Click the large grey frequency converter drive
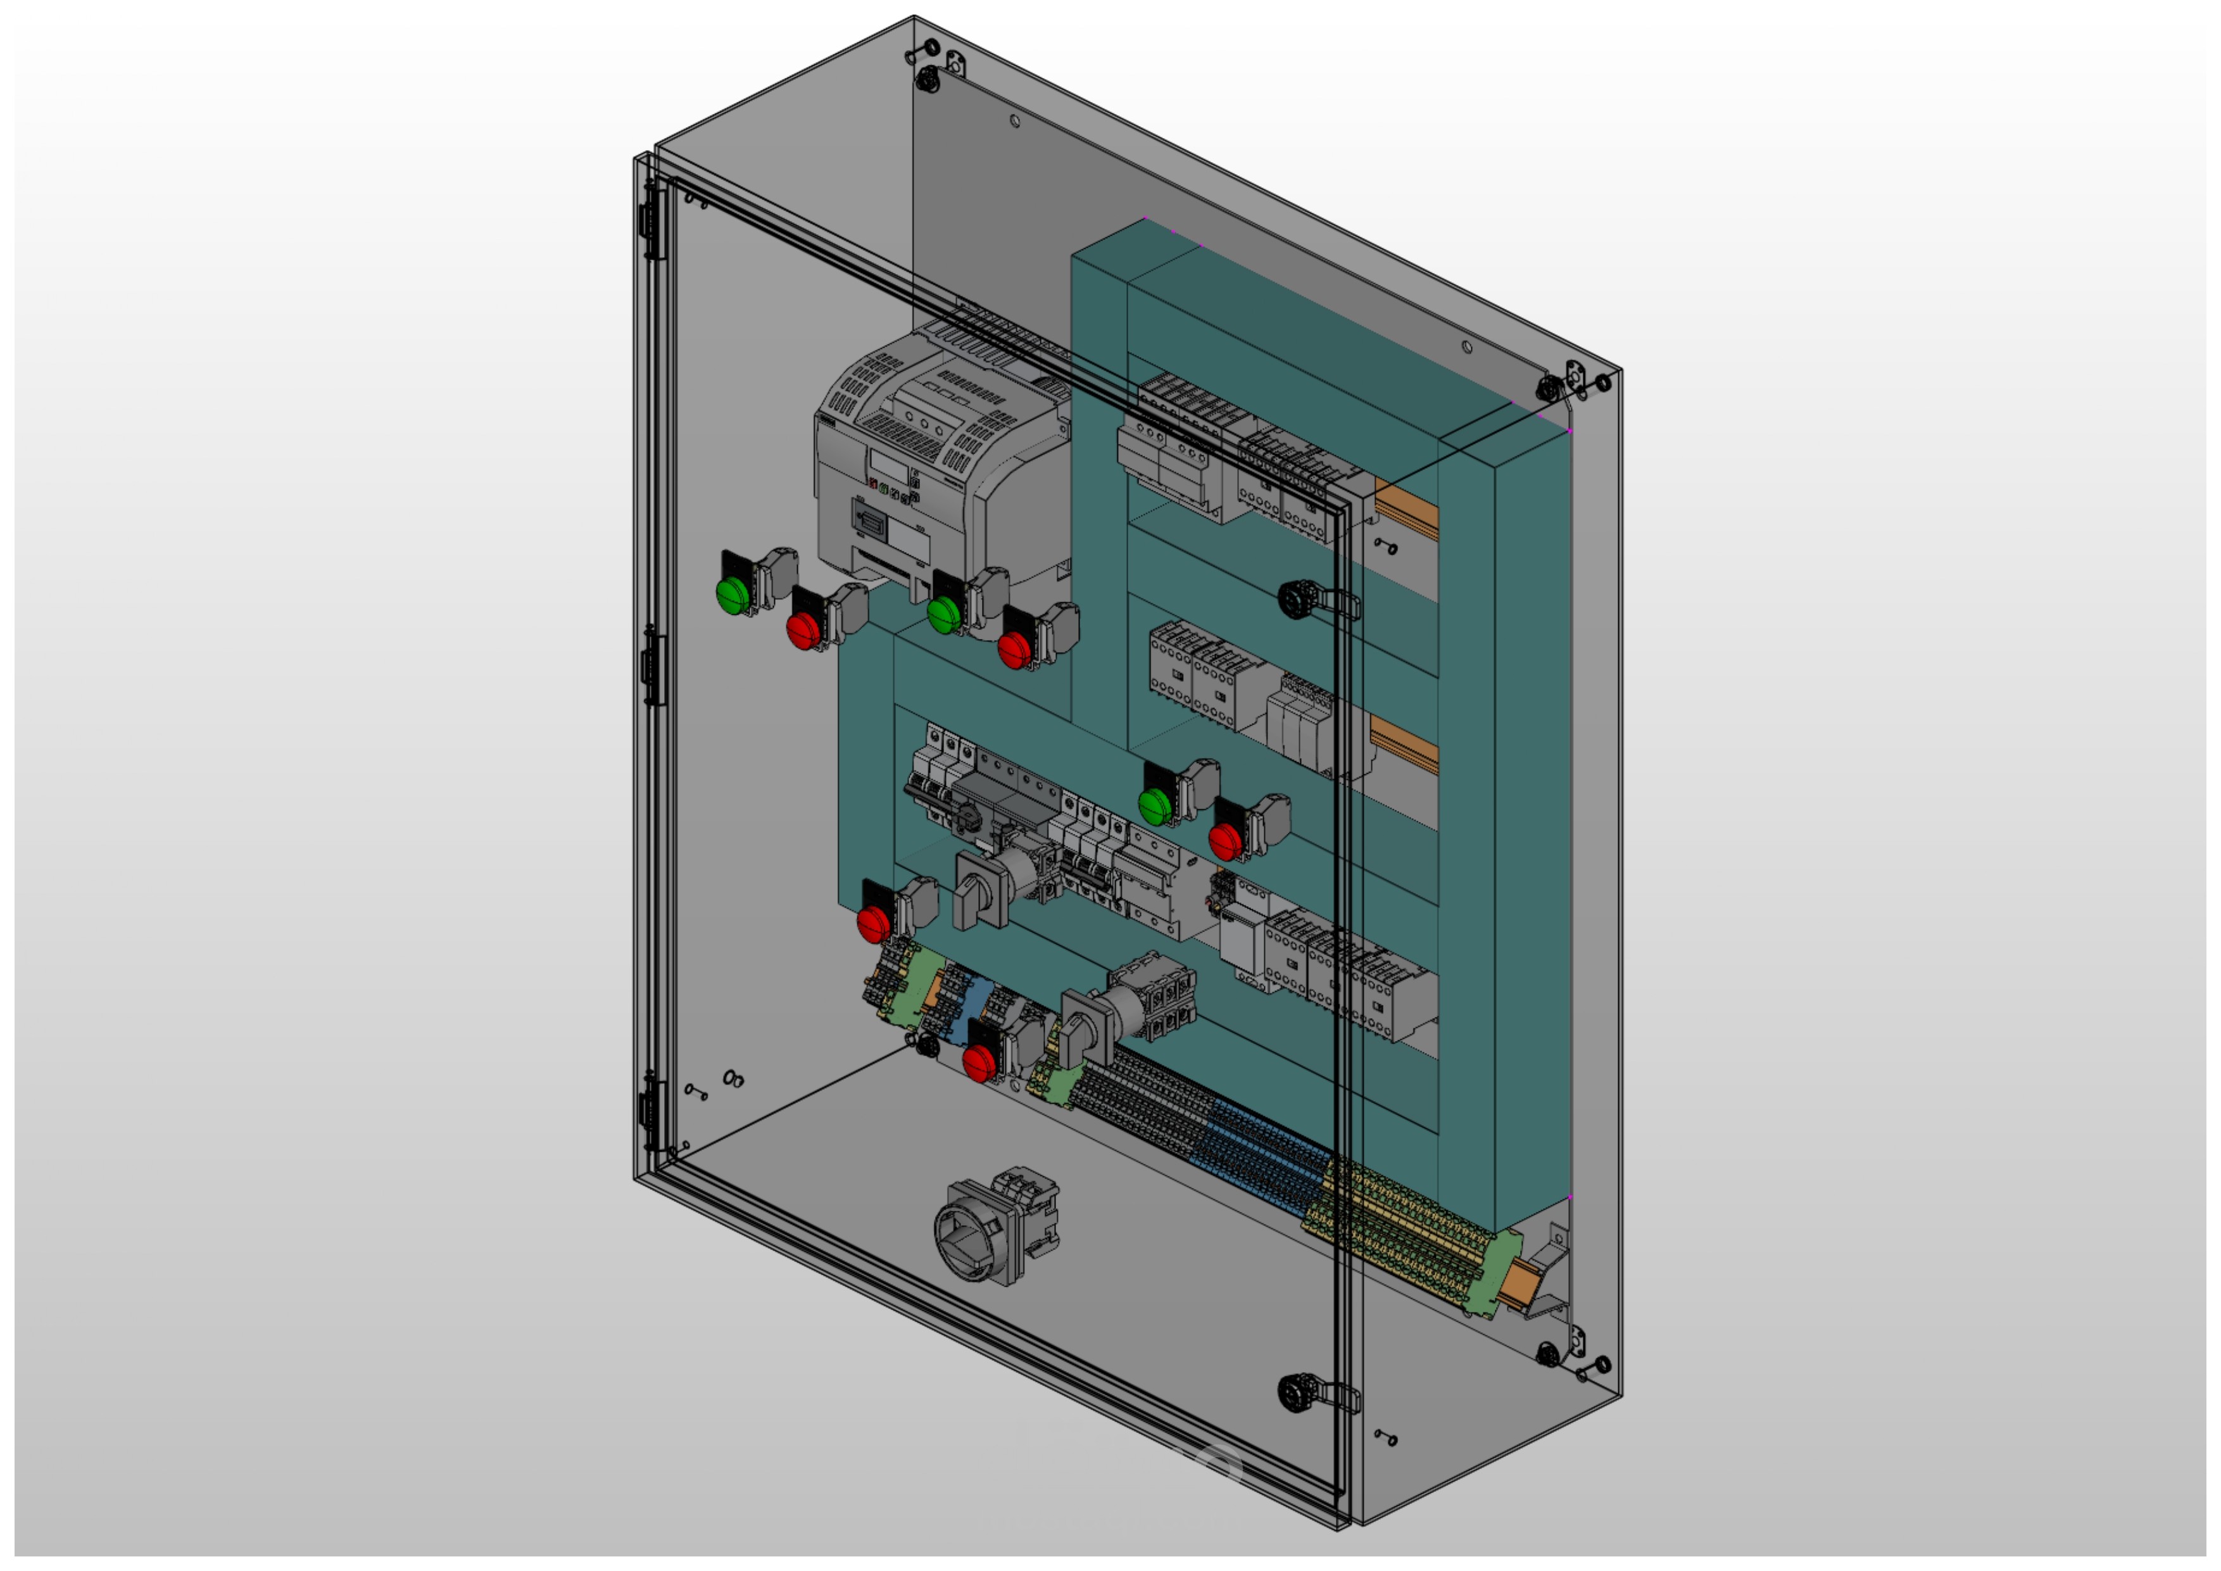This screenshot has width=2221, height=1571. (929, 464)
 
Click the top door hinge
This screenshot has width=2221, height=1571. (654, 222)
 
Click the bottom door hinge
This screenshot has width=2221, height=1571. (651, 1113)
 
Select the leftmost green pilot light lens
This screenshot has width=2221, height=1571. (733, 594)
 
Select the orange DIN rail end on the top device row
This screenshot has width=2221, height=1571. (1407, 508)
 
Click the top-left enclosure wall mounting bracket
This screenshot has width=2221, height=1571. (955, 63)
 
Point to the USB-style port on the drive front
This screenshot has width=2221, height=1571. (870, 523)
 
